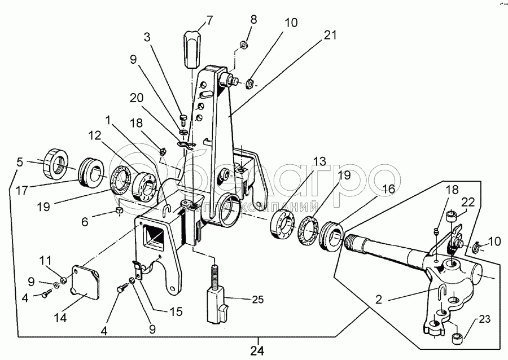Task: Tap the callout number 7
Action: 209,21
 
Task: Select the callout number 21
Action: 330,35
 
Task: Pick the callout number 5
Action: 20,163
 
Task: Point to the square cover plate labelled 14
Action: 84,285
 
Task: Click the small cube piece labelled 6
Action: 119,210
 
